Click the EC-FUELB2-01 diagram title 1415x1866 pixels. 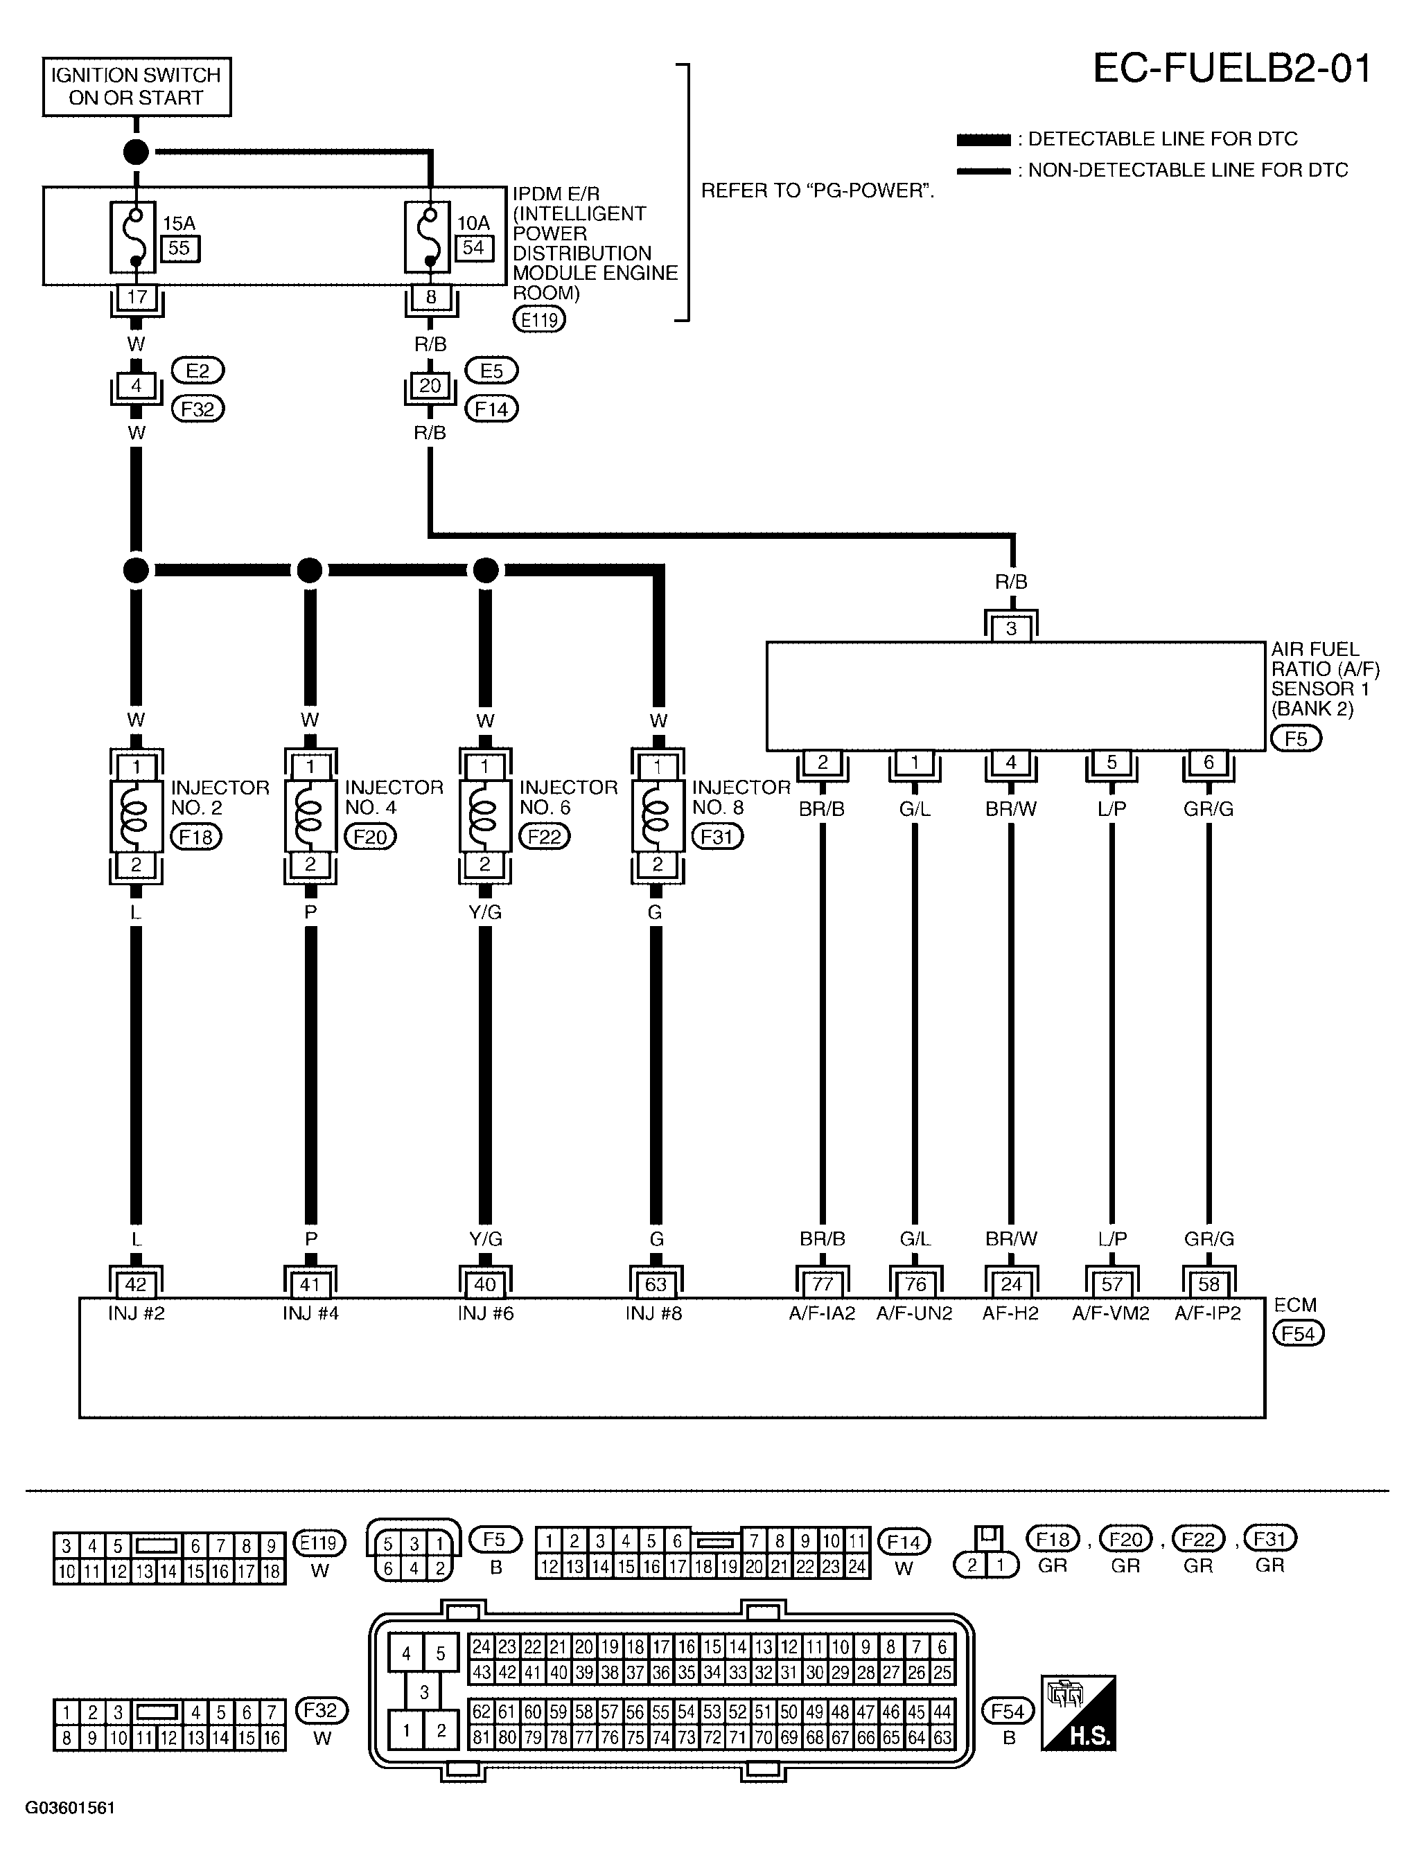pyautogui.click(x=1232, y=69)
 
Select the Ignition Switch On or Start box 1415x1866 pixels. pyautogui.click(x=137, y=86)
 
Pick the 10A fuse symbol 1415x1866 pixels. pyautogui.click(x=429, y=237)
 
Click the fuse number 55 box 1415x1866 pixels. pyautogui.click(x=179, y=249)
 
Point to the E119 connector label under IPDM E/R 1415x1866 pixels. pyautogui.click(x=539, y=320)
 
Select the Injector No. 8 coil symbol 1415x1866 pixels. pyautogui.click(x=658, y=815)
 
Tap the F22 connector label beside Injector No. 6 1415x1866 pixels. pyautogui.click(x=544, y=836)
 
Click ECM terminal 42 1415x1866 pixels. pyautogui.click(x=136, y=1284)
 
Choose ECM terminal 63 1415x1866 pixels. pyautogui.click(x=656, y=1284)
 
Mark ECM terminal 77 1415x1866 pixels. pyautogui.click(x=823, y=1284)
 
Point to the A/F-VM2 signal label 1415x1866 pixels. pyautogui.click(x=1111, y=1313)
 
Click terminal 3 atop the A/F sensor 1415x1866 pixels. pyautogui.click(x=1012, y=628)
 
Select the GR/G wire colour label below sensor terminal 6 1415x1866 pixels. pyautogui.click(x=1209, y=809)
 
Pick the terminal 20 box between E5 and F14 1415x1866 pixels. pyautogui.click(x=430, y=386)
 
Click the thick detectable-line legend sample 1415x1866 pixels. pyautogui.click(x=983, y=140)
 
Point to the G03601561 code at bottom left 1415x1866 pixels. pyautogui.click(x=70, y=1808)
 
